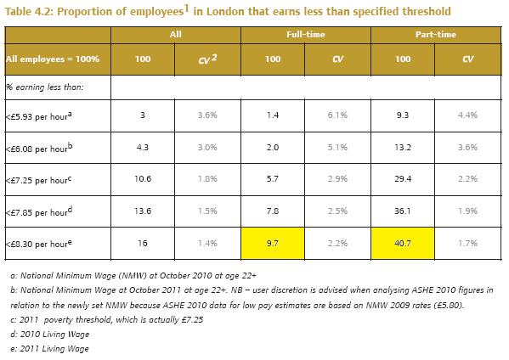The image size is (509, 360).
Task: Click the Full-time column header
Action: pyautogui.click(x=305, y=34)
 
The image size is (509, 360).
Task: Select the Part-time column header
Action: pyautogui.click(x=436, y=34)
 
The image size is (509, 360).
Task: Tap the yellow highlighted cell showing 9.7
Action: pyautogui.click(x=273, y=243)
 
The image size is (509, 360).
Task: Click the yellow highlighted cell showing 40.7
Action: pyautogui.click(x=403, y=243)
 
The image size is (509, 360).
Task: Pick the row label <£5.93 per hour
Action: pyautogui.click(x=39, y=116)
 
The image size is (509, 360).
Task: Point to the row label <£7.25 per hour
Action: pyautogui.click(x=38, y=180)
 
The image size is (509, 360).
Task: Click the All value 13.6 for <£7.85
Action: pyautogui.click(x=143, y=211)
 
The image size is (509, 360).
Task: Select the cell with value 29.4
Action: pyautogui.click(x=403, y=178)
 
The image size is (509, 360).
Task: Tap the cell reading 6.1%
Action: pyautogui.click(x=337, y=115)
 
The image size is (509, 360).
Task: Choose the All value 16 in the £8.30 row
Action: pyautogui.click(x=143, y=243)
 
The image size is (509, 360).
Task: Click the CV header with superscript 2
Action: pyautogui.click(x=207, y=59)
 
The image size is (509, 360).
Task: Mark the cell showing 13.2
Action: pyautogui.click(x=403, y=148)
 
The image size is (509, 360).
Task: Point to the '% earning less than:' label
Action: pyautogui.click(x=45, y=87)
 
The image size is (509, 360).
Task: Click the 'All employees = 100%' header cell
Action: pyautogui.click(x=53, y=59)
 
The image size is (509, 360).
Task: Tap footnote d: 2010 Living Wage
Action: pyautogui.click(x=49, y=335)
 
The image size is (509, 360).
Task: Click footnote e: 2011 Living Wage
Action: pyautogui.click(x=49, y=349)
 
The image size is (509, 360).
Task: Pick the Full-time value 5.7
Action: pyautogui.click(x=273, y=178)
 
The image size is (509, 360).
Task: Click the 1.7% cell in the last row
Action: pyautogui.click(x=467, y=243)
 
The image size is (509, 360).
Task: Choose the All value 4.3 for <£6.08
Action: pyautogui.click(x=143, y=148)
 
